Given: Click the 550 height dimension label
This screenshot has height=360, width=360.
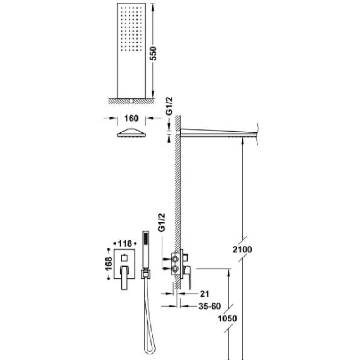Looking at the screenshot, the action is coord(153,53).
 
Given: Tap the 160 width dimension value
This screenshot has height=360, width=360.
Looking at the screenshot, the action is coord(131,118).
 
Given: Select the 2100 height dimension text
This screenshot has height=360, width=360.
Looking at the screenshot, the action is coord(242,249).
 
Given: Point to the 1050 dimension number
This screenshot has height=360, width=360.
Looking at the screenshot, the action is coord(227,319).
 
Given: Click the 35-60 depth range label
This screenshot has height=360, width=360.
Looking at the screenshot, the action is coord(210,306).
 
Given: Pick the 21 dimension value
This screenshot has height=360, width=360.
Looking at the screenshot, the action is coord(204,294).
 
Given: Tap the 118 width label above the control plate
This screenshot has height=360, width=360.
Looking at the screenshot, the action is coord(125,243).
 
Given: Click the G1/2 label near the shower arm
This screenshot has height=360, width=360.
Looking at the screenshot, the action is coord(169,106).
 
